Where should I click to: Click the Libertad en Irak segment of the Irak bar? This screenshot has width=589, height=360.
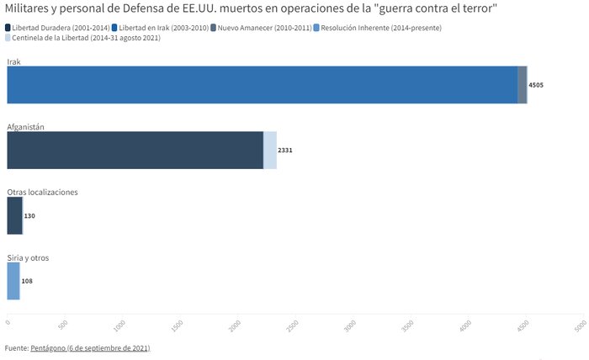pos(261,85)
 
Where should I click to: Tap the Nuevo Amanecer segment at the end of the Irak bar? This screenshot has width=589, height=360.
pos(523,85)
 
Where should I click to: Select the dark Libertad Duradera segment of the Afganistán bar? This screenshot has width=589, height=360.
pos(135,151)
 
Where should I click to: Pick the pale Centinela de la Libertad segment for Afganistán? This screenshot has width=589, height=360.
pos(270,151)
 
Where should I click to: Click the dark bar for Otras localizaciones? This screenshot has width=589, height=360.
pos(14,216)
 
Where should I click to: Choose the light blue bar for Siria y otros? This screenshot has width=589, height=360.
pos(13,281)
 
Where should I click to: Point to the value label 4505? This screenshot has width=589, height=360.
pos(536,85)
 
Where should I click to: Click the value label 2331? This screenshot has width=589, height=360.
pos(285,151)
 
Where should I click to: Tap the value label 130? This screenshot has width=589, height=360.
pos(29,216)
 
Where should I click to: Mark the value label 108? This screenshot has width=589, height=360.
pos(27,281)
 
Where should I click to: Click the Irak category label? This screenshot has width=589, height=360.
pos(13,61)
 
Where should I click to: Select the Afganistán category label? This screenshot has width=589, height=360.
pos(25,126)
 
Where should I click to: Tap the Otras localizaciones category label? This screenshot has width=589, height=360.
pos(42,192)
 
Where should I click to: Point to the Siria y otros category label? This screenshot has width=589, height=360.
pos(28,257)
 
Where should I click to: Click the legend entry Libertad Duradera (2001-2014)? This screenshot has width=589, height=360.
pos(60,28)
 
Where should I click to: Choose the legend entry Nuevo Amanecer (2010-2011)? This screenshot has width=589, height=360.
pos(269,28)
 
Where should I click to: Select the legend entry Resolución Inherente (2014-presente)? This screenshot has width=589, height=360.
pos(380,28)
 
